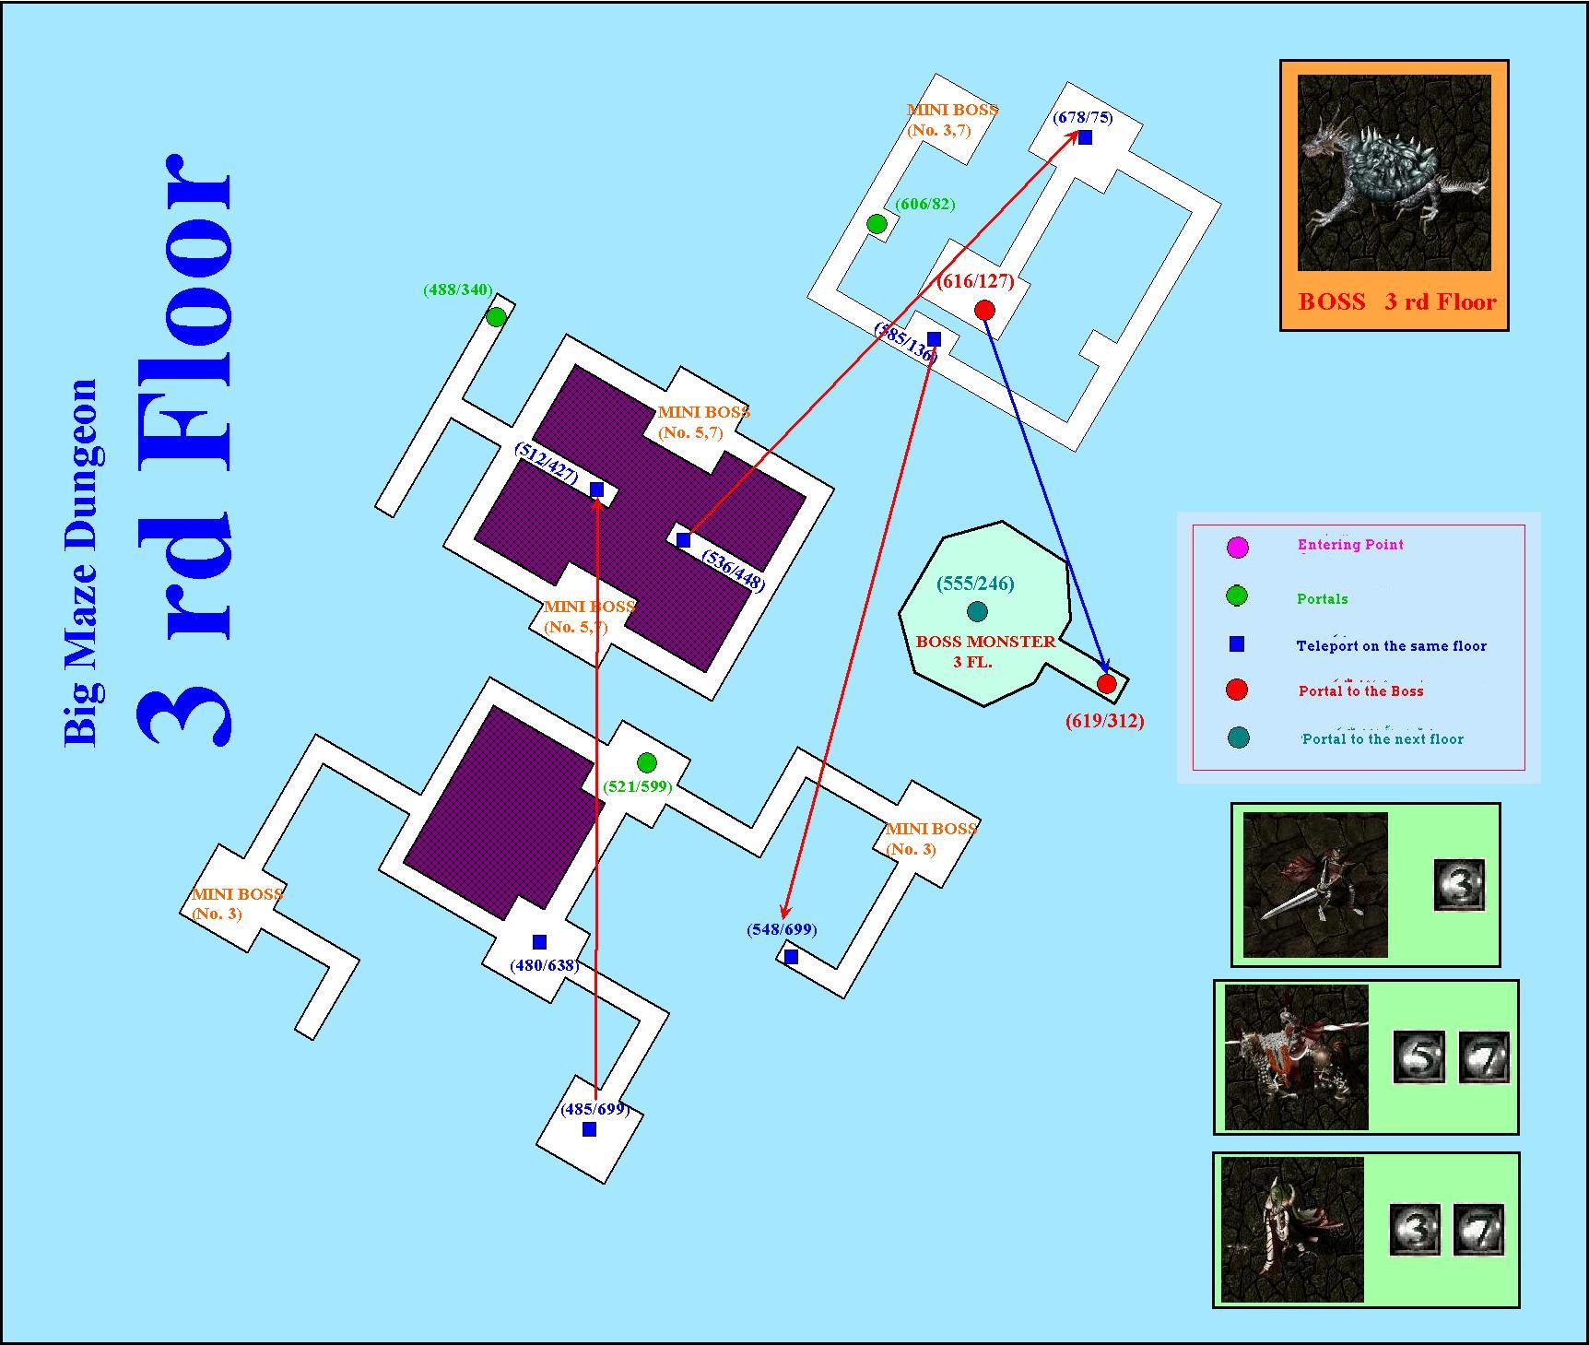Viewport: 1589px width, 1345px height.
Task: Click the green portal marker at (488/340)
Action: pos(496,317)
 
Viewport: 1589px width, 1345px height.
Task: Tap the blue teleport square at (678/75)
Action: pos(1085,137)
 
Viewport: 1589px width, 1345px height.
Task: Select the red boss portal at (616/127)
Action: pos(984,310)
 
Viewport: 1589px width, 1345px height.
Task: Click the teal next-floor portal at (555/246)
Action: pos(977,611)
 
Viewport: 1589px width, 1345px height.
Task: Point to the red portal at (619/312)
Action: pos(1107,684)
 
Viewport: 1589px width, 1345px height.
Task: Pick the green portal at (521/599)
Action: pos(647,762)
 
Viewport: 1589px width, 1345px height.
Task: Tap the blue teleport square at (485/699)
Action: pos(590,1129)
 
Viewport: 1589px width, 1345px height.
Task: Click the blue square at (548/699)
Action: pos(791,957)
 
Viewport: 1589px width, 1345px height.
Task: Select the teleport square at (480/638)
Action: pos(539,942)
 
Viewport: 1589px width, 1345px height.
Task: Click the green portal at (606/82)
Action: pos(877,223)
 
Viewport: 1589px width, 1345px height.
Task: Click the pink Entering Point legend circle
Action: pos(1238,547)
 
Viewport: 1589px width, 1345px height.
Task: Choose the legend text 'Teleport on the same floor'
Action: pos(1391,646)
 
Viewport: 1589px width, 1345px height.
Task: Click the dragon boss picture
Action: pos(1395,173)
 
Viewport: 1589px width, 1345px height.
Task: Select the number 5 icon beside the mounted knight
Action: pos(1418,1056)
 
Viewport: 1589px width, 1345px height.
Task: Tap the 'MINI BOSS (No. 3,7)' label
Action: pos(952,120)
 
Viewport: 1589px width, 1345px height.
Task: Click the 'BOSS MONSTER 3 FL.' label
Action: pos(984,652)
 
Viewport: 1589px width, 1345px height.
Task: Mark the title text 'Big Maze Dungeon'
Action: pos(81,562)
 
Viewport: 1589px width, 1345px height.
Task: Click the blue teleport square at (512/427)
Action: pos(596,490)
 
